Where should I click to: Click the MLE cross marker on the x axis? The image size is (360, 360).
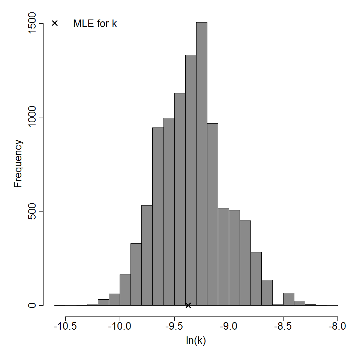pos(188,305)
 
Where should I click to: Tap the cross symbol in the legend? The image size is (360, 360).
pos(55,23)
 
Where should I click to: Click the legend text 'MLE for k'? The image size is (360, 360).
pos(95,24)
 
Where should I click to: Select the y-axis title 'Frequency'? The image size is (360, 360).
pos(18,163)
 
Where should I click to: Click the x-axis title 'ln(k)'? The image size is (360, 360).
pos(196,341)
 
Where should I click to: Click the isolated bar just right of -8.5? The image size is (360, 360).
pos(289,299)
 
